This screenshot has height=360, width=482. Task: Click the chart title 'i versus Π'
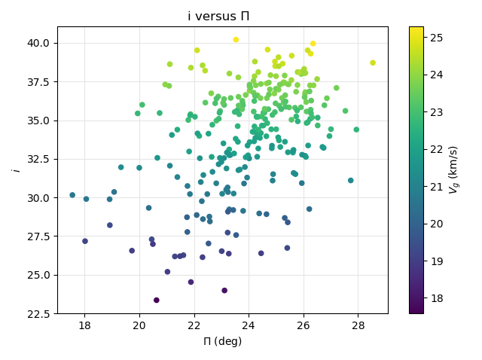tap(218, 16)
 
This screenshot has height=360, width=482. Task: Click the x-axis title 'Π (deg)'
tap(222, 341)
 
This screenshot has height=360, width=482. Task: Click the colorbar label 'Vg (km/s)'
tap(454, 170)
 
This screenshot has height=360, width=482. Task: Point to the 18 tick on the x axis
tap(84, 313)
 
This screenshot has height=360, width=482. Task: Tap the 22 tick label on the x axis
tap(194, 325)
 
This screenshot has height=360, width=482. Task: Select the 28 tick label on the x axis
tap(358, 325)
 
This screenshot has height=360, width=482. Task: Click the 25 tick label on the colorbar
tap(436, 37)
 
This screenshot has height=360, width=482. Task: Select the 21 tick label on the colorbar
tap(436, 186)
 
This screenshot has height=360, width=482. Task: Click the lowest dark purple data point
tap(157, 300)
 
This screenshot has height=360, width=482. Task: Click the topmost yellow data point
tap(236, 40)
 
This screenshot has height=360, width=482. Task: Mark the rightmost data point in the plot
tap(373, 63)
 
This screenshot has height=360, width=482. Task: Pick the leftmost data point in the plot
tap(72, 195)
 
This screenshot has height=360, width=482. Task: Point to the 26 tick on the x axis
tap(304, 313)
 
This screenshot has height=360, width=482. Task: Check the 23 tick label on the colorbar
tap(436, 111)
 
